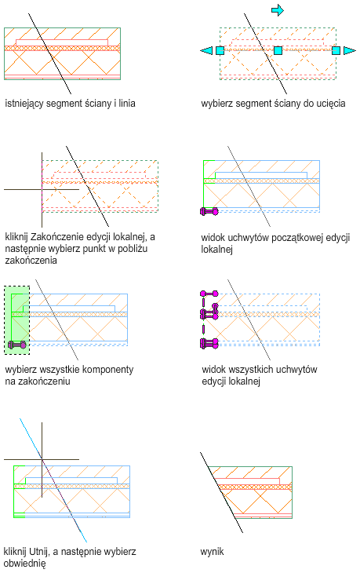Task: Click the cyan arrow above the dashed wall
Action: click(x=278, y=10)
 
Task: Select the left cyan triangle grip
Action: click(x=206, y=50)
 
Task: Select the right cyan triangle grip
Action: click(x=350, y=50)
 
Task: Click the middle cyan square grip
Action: click(x=278, y=50)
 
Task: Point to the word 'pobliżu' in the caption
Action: click(x=133, y=249)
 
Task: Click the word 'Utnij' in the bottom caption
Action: click(x=38, y=551)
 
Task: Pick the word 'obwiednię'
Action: click(x=24, y=563)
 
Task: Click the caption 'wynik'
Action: click(x=212, y=552)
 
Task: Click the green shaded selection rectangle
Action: click(x=16, y=319)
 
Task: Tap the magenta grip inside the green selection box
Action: click(x=16, y=345)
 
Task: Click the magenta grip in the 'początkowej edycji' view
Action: click(x=209, y=211)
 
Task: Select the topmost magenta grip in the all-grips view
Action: click(x=209, y=294)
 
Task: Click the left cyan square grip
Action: click(x=220, y=50)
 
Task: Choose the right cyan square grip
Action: click(x=336, y=50)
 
